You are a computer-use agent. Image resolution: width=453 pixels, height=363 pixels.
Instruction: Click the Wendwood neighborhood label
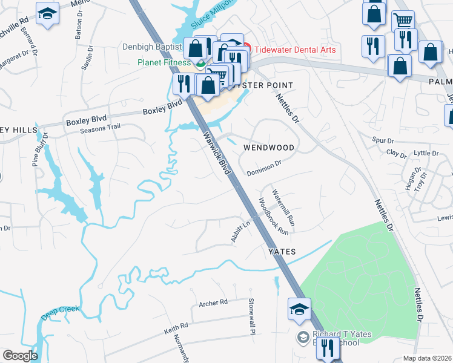(x=268, y=148)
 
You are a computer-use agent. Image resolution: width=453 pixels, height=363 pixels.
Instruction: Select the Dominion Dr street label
(x=263, y=168)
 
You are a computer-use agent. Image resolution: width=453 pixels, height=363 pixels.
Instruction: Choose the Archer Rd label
(x=213, y=302)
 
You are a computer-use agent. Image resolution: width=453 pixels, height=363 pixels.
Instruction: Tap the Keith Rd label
(x=175, y=329)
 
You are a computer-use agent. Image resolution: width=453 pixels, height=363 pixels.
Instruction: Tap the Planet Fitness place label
(x=164, y=62)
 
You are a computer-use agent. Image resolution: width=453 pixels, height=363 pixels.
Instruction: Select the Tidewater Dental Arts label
(x=295, y=50)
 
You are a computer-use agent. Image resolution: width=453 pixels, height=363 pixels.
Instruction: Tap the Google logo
(x=20, y=356)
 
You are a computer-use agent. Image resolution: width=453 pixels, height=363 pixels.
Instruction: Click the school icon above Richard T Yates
(x=300, y=309)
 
